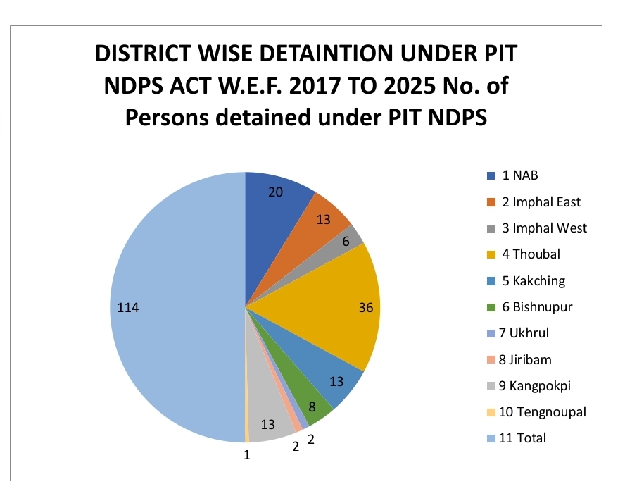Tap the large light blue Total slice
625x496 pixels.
pyautogui.click(x=176, y=310)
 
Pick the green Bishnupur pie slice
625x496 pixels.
pyautogui.click(x=310, y=402)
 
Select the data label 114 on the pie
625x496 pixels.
pyautogui.click(x=130, y=307)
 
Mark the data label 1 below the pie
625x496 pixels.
pyautogui.click(x=247, y=455)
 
